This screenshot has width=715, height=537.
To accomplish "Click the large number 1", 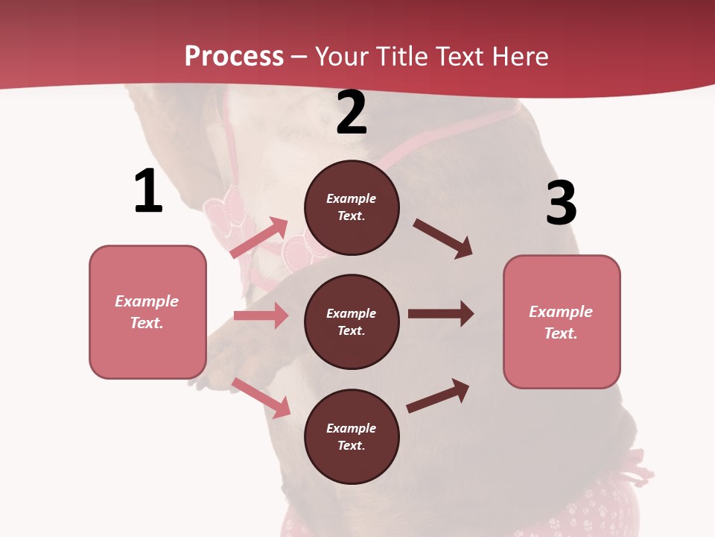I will pyautogui.click(x=147, y=192).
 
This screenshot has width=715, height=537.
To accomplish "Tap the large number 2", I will pyautogui.click(x=352, y=113).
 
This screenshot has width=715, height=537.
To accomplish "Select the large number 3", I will pyautogui.click(x=561, y=204).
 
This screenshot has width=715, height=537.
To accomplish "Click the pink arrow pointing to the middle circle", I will pyautogui.click(x=261, y=315).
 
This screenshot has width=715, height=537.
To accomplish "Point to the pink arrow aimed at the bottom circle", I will pyautogui.click(x=261, y=398).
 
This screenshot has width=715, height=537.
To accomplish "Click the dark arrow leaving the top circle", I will pyautogui.click(x=442, y=239).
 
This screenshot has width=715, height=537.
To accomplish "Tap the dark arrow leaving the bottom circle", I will pyautogui.click(x=438, y=396).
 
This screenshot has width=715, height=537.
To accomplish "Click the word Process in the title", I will pyautogui.click(x=234, y=56).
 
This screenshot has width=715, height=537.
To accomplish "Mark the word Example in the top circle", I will pyautogui.click(x=352, y=198).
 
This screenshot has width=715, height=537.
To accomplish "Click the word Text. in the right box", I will pyautogui.click(x=561, y=333).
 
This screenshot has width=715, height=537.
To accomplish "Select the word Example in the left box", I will pyautogui.click(x=147, y=301).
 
